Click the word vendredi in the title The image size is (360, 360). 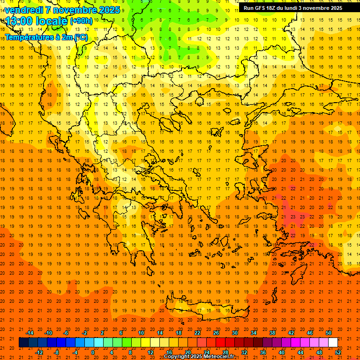(25, 10)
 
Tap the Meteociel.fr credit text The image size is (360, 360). (219, 357)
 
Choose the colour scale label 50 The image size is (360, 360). (328, 332)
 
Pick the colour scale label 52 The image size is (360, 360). (338, 352)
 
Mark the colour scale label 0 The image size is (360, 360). (93, 352)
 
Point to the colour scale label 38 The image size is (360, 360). (272, 332)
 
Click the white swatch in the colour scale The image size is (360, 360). (333, 342)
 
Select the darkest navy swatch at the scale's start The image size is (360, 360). (23, 342)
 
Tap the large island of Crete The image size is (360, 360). (206, 310)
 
